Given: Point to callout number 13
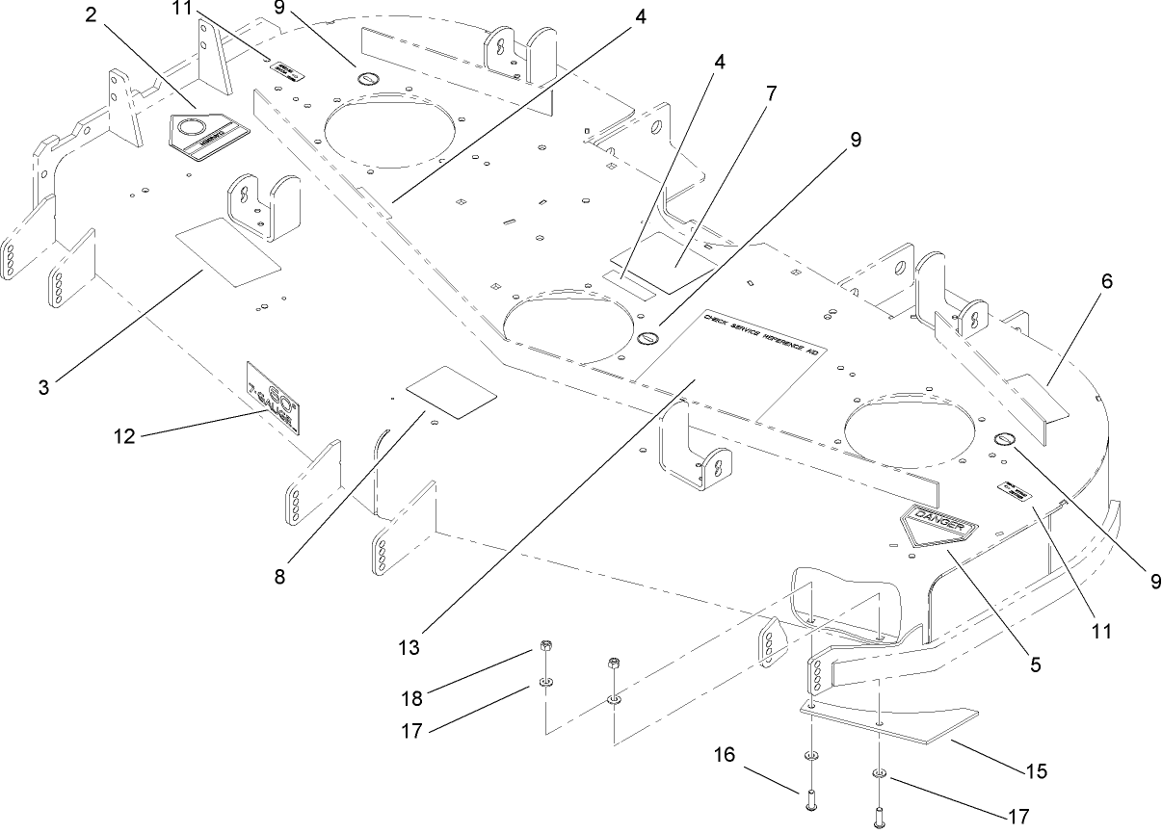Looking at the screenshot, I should point(409,647).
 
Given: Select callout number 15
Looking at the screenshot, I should point(1035,771).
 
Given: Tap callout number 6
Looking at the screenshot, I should point(1106,282).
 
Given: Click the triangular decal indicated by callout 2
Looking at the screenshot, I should point(205,134).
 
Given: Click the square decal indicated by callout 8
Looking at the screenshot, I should point(452,391).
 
